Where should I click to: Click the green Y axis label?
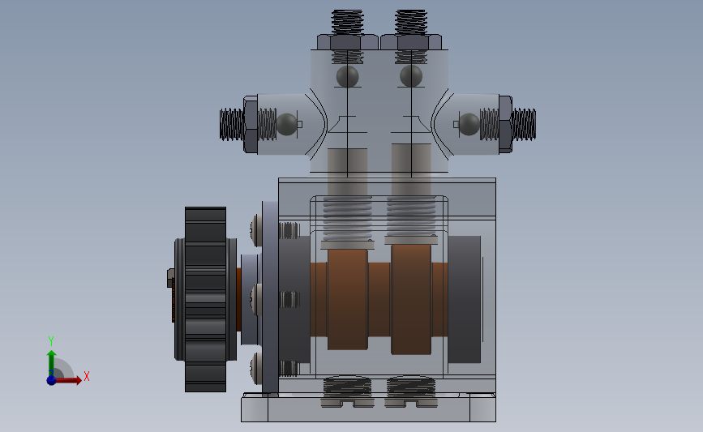(x=50, y=341)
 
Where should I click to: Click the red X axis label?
(x=87, y=376)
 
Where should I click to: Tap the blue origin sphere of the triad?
(x=52, y=380)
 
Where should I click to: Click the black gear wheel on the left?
(x=205, y=299)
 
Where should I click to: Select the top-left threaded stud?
(x=348, y=23)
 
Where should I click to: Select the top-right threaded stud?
(x=410, y=23)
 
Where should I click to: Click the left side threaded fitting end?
(x=232, y=124)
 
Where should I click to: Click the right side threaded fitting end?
(x=524, y=124)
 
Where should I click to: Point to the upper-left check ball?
(x=348, y=76)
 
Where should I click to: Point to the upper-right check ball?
(x=411, y=76)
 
